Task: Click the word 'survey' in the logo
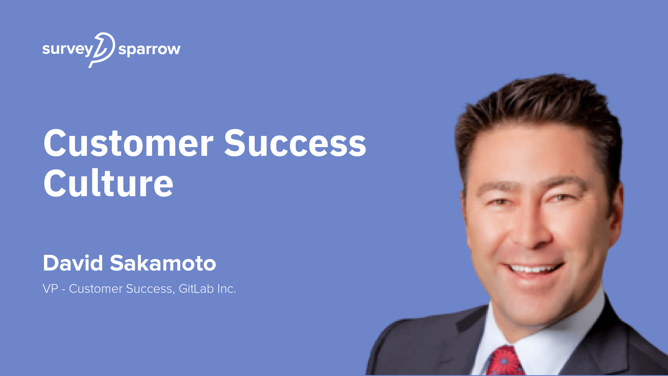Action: (x=67, y=49)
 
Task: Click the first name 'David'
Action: (x=73, y=263)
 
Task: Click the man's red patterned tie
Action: (x=504, y=362)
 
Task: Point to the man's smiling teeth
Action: (x=532, y=269)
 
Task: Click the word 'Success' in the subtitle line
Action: (x=149, y=289)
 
